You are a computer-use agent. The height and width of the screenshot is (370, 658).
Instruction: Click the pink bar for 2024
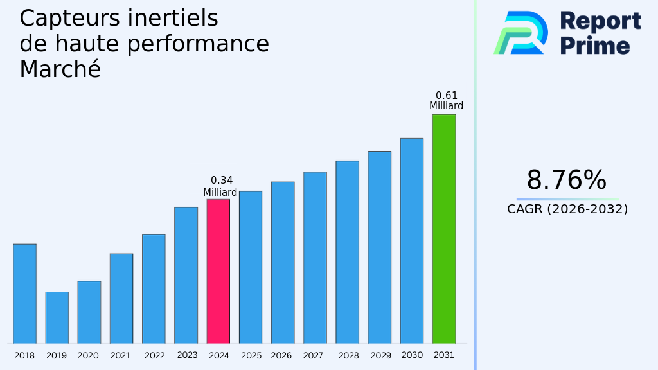click(218, 271)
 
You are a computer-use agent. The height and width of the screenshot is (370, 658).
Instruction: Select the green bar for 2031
click(443, 229)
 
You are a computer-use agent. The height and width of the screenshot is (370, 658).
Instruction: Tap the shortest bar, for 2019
click(57, 318)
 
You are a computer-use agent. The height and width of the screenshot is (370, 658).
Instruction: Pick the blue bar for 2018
click(24, 294)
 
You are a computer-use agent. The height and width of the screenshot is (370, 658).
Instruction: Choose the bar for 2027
click(315, 258)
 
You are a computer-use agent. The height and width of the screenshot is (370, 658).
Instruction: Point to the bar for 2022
click(154, 289)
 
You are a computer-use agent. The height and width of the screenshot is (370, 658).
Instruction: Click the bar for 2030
click(411, 241)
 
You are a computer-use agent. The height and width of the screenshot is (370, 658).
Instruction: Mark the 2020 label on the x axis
click(88, 356)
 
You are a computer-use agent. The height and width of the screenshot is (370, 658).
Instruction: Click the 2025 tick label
click(251, 356)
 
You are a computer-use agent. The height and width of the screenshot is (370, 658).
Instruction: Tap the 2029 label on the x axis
click(380, 356)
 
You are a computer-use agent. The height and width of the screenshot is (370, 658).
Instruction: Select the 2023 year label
click(187, 355)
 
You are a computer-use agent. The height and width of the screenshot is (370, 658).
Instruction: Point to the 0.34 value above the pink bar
click(222, 181)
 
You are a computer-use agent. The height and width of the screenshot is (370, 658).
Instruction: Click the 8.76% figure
click(566, 181)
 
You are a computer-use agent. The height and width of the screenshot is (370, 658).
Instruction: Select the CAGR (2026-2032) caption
click(567, 209)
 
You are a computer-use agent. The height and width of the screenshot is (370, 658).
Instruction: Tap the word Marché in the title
click(60, 69)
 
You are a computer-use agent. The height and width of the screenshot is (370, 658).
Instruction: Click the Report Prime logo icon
click(521, 33)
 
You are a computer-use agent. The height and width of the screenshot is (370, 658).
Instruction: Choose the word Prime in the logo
click(595, 45)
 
